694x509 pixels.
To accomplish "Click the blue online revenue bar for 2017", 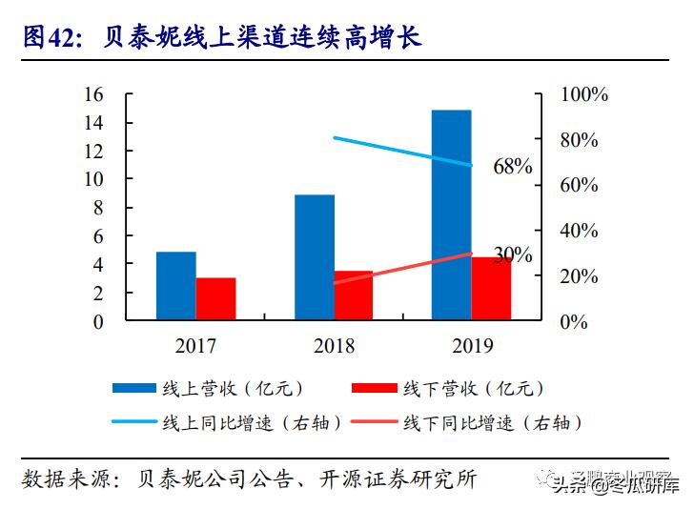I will (175, 286).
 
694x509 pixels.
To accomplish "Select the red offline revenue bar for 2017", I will (215, 299).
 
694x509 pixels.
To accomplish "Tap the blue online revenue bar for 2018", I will (314, 257).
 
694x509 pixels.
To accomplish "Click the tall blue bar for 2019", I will (451, 215).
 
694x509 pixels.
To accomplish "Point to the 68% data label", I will (512, 167).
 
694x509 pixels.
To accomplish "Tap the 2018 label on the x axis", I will (333, 346).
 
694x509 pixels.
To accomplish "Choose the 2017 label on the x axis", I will (195, 346).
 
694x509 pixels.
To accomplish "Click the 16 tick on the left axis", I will (93, 94).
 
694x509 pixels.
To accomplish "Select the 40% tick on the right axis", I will (580, 231).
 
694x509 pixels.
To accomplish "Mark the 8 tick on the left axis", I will (98, 208).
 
